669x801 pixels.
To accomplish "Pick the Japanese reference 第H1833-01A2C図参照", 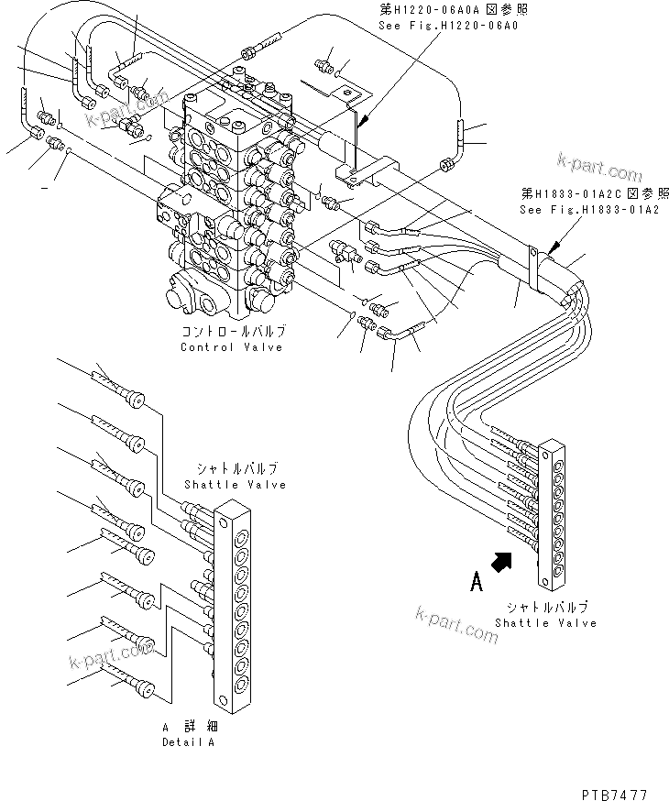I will [581, 194].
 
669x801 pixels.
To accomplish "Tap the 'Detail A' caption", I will [188, 743].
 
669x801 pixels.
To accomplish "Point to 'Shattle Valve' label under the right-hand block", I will [545, 623].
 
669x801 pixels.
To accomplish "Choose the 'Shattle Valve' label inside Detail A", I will [235, 485].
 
